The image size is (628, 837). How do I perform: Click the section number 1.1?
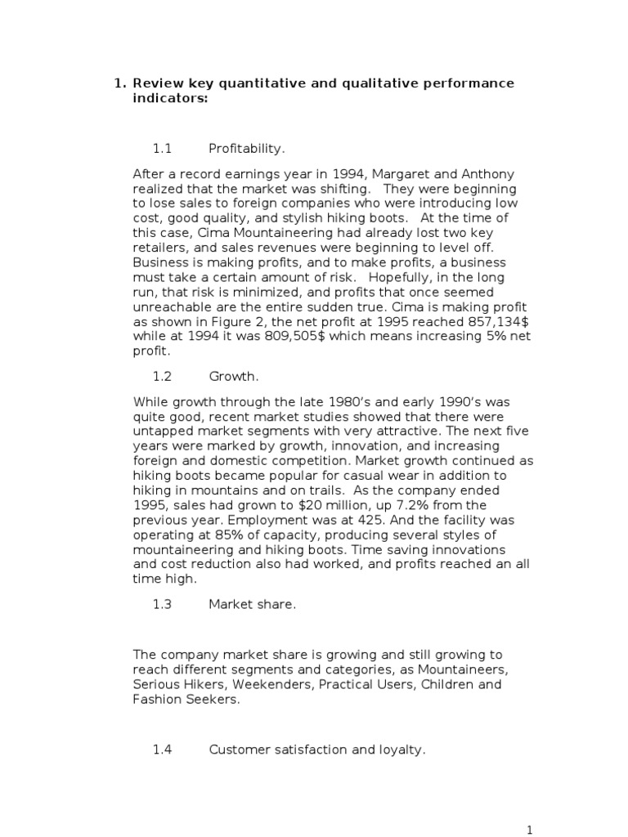[163, 149]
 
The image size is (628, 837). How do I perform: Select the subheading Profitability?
[247, 149]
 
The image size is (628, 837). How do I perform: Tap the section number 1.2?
[163, 377]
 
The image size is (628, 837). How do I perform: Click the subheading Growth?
[234, 377]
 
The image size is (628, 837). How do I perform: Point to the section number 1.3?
[163, 604]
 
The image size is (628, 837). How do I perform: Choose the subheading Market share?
[253, 604]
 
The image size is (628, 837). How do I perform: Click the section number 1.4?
[163, 749]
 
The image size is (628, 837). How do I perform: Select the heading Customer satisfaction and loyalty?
[317, 749]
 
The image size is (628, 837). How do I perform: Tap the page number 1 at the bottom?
[530, 830]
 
